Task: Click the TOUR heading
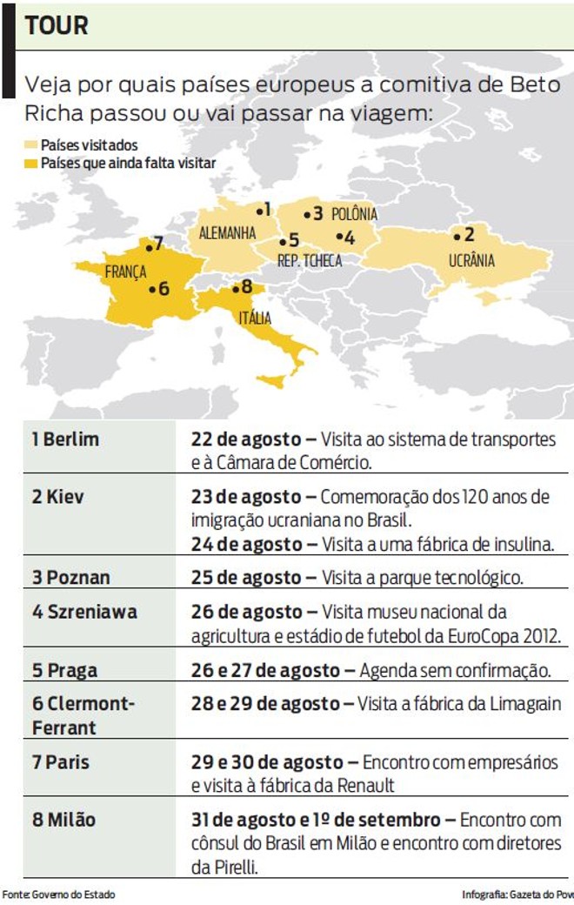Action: click(x=57, y=25)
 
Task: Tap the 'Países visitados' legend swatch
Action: click(x=31, y=146)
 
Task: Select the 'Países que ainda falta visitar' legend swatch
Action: click(x=31, y=163)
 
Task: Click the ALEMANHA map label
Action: click(x=227, y=233)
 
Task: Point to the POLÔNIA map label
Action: click(x=354, y=214)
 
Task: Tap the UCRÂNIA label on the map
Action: click(x=471, y=260)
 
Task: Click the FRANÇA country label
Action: click(x=125, y=271)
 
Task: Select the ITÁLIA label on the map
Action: click(x=254, y=318)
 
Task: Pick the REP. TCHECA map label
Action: click(x=309, y=260)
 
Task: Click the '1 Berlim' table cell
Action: click(x=65, y=439)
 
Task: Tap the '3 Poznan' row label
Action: click(x=70, y=577)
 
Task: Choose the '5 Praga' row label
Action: click(x=64, y=671)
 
